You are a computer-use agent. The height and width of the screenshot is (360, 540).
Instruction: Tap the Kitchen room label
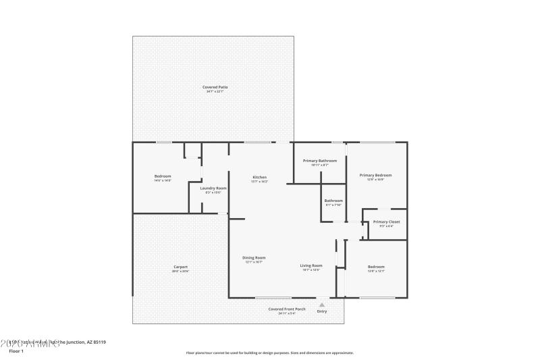[260, 177]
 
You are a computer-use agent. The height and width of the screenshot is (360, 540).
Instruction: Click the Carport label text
[180, 267]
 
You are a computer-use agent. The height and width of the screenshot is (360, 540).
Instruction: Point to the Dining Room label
[254, 257]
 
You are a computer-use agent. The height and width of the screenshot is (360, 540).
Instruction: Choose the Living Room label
[311, 265]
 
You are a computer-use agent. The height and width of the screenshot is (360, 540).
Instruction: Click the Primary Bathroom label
[320, 161]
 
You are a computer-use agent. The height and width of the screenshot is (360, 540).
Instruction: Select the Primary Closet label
[386, 222]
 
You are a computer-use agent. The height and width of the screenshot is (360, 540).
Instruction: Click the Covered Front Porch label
[287, 309]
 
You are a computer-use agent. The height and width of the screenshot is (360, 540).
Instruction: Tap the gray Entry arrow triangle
[322, 305]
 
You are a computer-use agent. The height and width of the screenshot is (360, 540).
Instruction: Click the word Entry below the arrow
[322, 311]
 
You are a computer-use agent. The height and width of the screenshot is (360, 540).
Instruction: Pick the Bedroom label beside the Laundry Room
[163, 176]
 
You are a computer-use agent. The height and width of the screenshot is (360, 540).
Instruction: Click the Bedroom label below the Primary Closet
[376, 267]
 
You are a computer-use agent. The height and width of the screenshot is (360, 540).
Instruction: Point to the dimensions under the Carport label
[180, 272]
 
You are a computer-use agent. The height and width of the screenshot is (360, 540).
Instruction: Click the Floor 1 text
[16, 351]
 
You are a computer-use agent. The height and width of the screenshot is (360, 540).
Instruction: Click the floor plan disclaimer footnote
[270, 353]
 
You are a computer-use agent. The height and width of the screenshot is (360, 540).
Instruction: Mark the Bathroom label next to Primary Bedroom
[333, 201]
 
